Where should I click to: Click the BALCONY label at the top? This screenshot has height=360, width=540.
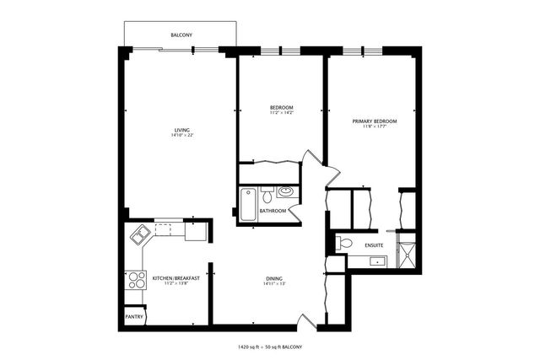(181, 35)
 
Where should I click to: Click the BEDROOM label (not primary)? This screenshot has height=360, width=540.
(281, 107)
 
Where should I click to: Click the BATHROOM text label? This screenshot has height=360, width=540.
(273, 210)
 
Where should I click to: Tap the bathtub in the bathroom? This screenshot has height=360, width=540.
(247, 204)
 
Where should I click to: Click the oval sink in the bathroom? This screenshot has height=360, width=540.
(285, 191)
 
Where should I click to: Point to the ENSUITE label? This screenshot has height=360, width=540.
(375, 245)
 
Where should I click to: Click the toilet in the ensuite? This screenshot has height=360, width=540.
(344, 244)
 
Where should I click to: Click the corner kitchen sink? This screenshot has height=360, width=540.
(138, 234)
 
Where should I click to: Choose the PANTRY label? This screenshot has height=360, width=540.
(134, 317)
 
